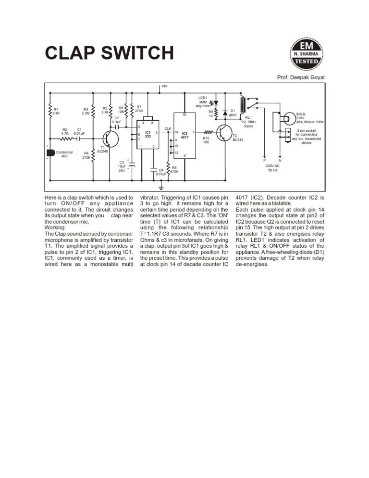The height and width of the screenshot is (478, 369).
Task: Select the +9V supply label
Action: point(164,87)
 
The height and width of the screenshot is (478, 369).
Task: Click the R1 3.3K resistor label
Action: point(56,111)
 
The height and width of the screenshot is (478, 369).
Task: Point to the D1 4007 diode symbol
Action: point(225,113)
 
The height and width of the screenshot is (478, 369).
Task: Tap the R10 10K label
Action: point(206,140)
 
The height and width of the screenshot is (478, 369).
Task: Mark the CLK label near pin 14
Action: point(168,128)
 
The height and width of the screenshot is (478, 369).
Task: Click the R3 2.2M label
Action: point(86,111)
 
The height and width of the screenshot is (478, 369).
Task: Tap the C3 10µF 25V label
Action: point(122,166)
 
